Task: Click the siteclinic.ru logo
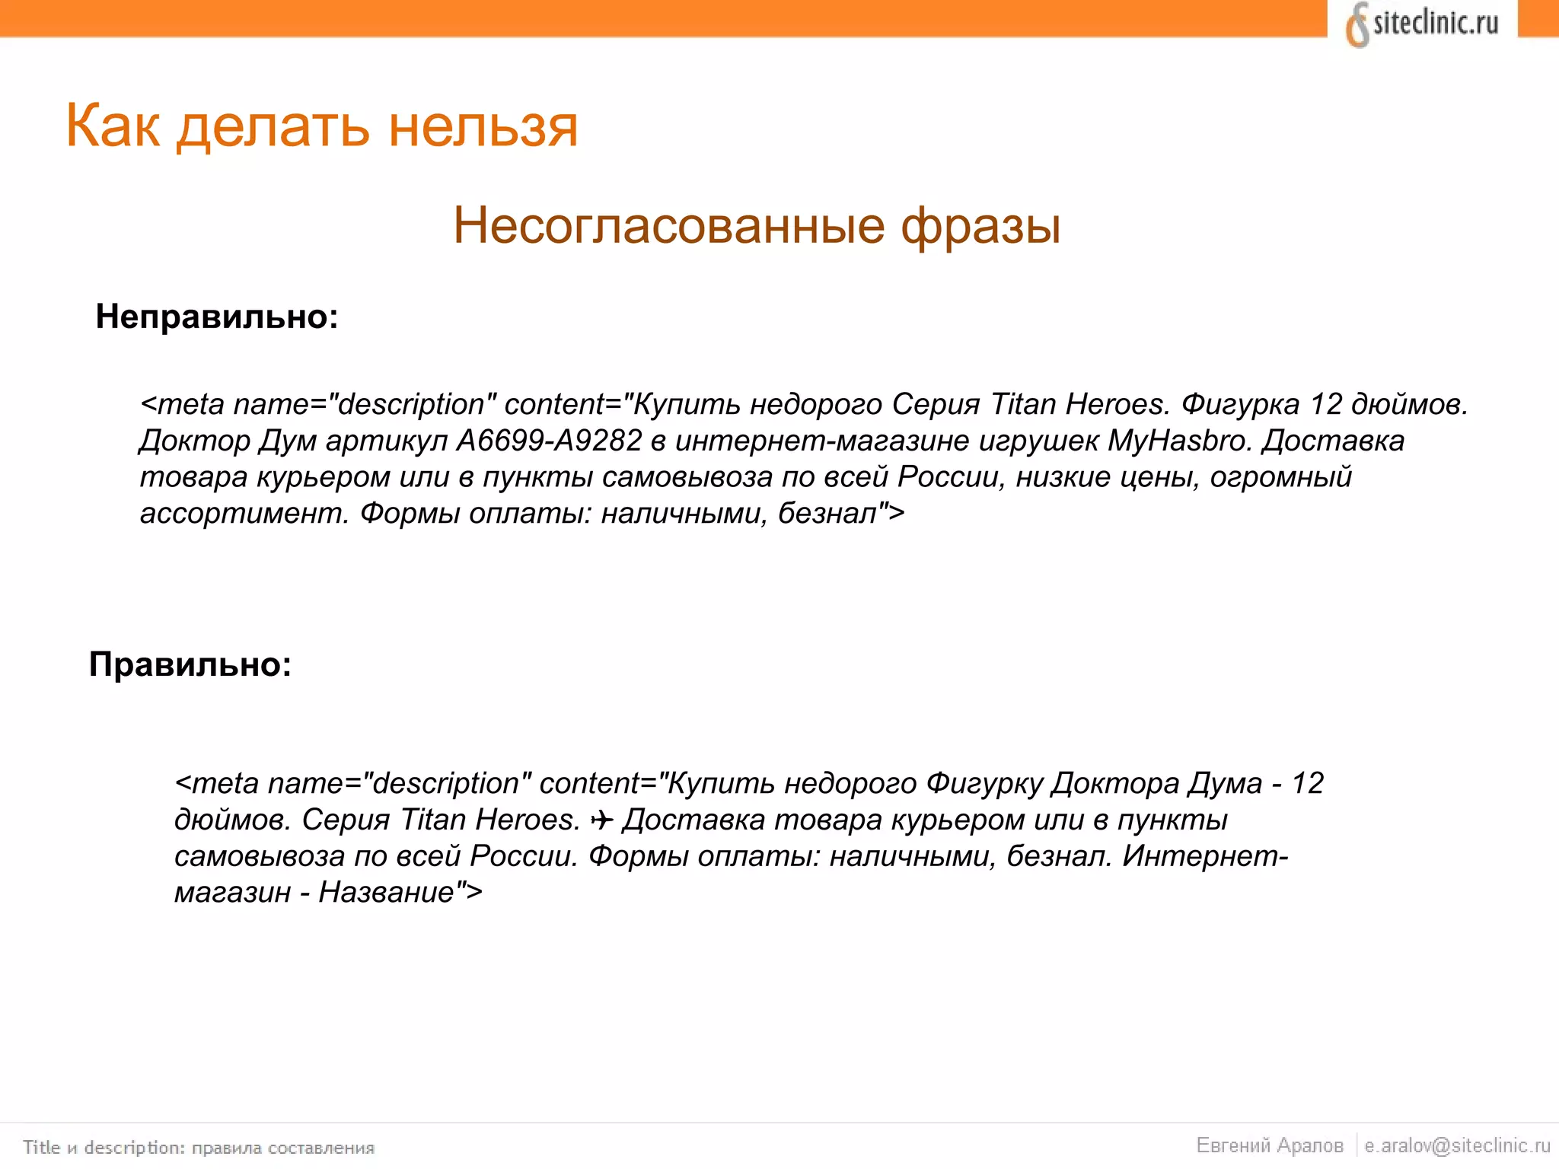(x=1422, y=24)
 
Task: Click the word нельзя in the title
(x=483, y=126)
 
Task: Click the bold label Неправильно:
(x=217, y=317)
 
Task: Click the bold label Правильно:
(x=190, y=664)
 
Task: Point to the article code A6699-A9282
(x=549, y=441)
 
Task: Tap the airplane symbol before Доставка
(x=601, y=820)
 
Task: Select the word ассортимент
(x=244, y=514)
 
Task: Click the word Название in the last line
(x=387, y=892)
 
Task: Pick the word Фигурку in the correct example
(x=984, y=783)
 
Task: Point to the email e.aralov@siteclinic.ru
(x=1457, y=1145)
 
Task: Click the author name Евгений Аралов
(x=1270, y=1145)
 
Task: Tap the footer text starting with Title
(x=199, y=1147)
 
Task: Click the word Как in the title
(x=113, y=126)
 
